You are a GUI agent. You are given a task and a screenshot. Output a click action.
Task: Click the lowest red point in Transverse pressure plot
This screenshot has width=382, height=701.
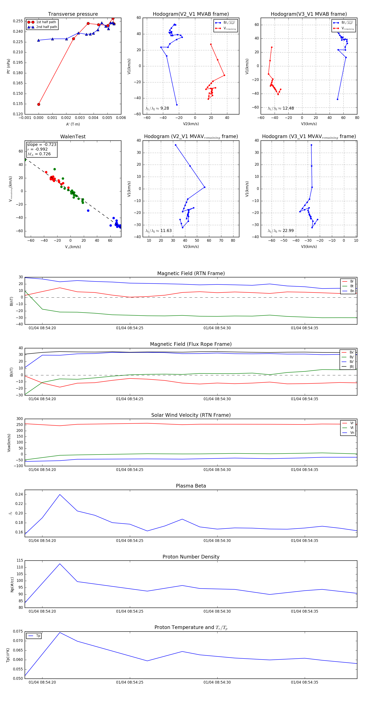click(x=39, y=104)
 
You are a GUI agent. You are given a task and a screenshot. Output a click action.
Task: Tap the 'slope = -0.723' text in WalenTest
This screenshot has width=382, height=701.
click(x=42, y=144)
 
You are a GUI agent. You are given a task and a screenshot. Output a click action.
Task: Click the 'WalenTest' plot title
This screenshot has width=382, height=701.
click(x=73, y=137)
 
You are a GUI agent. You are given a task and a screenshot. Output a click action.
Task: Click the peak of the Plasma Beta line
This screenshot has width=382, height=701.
click(x=60, y=495)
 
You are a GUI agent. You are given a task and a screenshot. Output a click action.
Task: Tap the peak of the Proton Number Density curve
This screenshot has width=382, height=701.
click(x=60, y=564)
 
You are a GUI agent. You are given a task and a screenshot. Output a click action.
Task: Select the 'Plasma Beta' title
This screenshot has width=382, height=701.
click(x=191, y=486)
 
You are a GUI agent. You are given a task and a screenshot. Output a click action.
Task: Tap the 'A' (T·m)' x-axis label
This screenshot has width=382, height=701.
click(x=73, y=124)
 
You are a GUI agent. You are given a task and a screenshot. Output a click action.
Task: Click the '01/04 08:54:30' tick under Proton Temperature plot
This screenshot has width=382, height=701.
click(x=217, y=682)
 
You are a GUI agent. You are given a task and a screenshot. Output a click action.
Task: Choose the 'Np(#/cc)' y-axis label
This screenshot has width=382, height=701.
click(x=12, y=584)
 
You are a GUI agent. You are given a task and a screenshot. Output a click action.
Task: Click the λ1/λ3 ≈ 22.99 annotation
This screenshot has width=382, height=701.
click(x=281, y=231)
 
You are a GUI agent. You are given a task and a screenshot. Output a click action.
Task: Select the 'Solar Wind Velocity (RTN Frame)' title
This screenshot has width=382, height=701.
click(x=191, y=415)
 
